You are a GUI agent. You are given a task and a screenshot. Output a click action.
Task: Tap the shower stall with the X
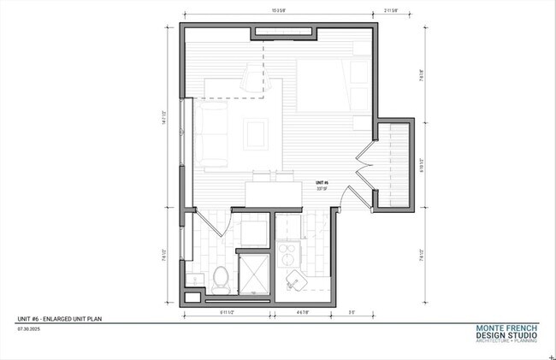click(253, 272)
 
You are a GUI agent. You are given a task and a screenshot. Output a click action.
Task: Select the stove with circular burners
click(289, 254)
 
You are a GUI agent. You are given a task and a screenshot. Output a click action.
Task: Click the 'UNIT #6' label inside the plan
click(322, 183)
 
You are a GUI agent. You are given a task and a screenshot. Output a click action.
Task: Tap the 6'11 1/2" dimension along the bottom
click(230, 313)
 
